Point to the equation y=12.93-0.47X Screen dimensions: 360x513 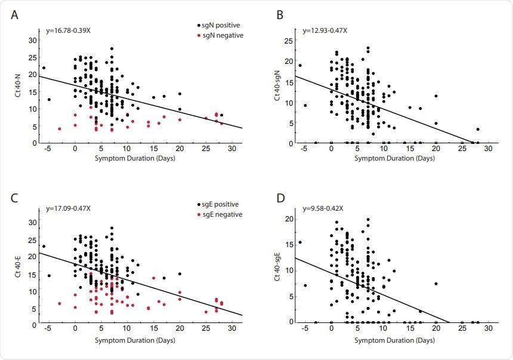coord(325,29)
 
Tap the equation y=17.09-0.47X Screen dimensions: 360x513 coord(69,210)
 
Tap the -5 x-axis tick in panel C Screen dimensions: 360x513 coord(48,330)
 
